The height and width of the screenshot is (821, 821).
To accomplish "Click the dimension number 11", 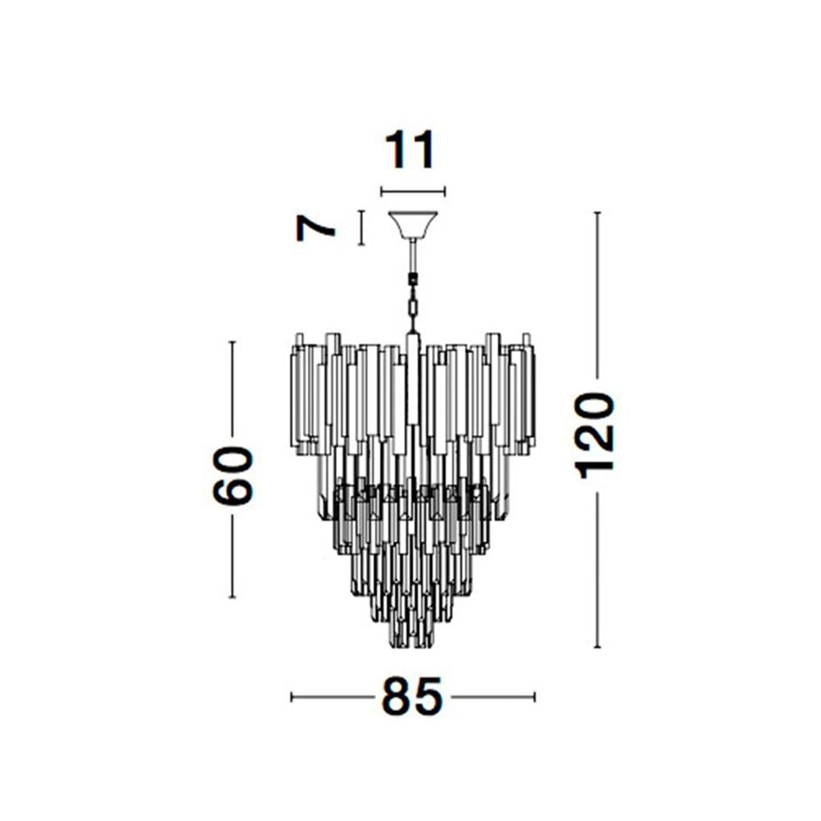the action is [410, 150].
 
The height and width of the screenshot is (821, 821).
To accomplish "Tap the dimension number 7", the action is [314, 228].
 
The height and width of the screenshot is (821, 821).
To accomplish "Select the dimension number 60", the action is [233, 475].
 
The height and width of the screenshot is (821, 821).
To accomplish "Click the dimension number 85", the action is [412, 696].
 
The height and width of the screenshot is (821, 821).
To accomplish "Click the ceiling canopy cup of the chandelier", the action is [413, 225].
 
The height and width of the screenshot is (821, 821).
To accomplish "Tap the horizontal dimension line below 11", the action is [413, 191].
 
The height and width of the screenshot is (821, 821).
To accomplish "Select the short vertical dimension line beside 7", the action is [360, 227].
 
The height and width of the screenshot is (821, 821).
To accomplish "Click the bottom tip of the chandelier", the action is [413, 647].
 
